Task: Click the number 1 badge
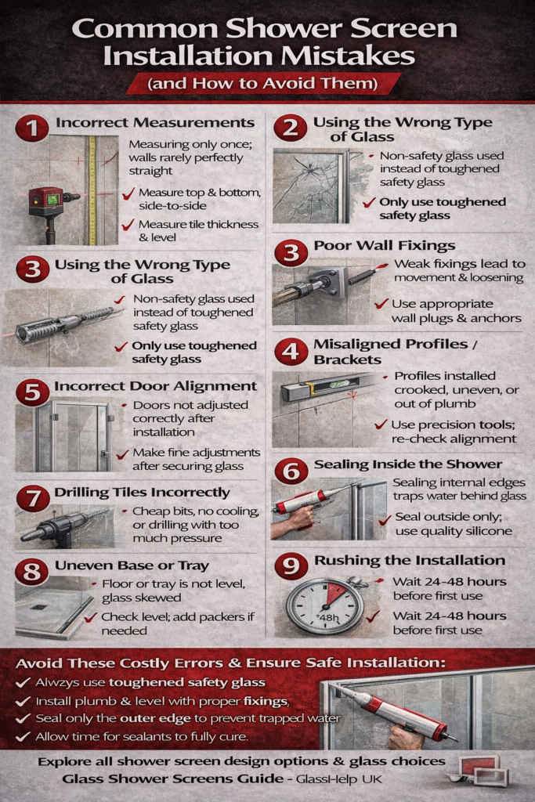click(x=31, y=128)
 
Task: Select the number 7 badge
click(x=32, y=498)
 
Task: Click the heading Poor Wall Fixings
click(x=384, y=245)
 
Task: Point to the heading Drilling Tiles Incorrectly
click(x=142, y=492)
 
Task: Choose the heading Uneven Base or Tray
click(x=132, y=565)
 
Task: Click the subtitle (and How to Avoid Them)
click(x=262, y=83)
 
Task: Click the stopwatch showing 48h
click(x=326, y=606)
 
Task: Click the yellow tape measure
click(x=92, y=190)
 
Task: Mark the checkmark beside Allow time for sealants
click(x=23, y=736)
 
